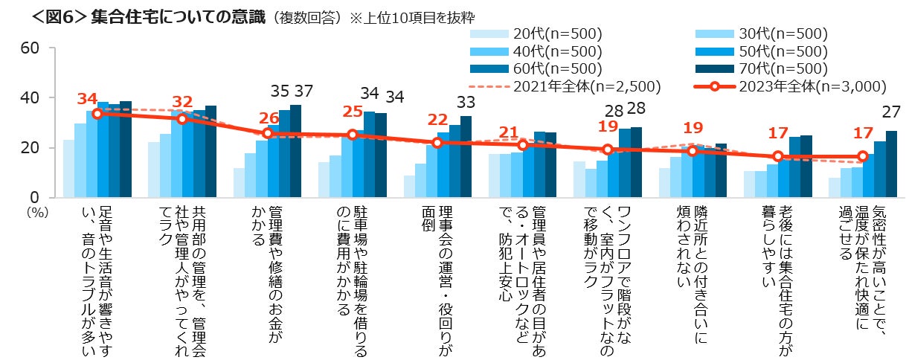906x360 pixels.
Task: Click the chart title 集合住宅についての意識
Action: click(x=178, y=16)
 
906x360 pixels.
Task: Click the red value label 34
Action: click(x=88, y=99)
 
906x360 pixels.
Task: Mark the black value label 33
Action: click(x=465, y=102)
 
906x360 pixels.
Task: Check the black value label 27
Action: click(x=890, y=112)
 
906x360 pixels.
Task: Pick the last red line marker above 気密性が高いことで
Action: click(x=862, y=156)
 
